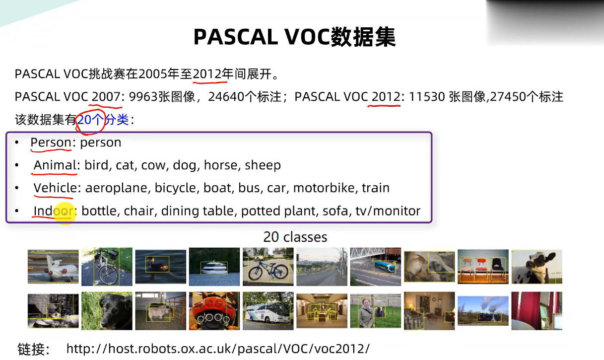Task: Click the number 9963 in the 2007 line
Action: coord(143,97)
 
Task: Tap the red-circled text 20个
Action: coord(90,120)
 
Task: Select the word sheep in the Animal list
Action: coord(263,165)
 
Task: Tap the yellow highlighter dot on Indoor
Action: coord(64,212)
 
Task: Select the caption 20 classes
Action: coord(295,237)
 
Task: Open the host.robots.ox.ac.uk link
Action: coord(218,348)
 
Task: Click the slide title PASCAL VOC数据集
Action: coord(294,37)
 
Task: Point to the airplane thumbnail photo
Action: coord(53,267)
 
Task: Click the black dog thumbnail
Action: coord(107,311)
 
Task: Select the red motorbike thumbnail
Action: coord(214,311)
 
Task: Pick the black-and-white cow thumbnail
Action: coord(537,267)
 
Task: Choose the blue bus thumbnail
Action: coord(375,267)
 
